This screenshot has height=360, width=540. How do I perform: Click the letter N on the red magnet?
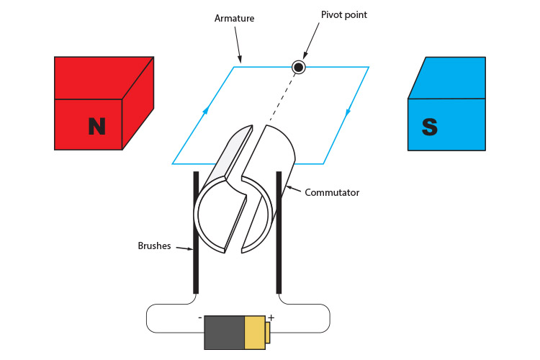pos(96,126)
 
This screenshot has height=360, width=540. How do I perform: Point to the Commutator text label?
pos(332,192)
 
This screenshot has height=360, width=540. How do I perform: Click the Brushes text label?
pos(154,246)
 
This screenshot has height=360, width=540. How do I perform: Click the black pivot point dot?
pos(298,67)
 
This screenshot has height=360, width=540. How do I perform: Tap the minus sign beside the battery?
pos(199,317)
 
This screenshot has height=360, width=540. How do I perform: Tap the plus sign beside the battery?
pos(271,318)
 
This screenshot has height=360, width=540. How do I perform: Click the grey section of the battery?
pos(224,333)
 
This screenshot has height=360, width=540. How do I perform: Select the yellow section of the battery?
pos(255,333)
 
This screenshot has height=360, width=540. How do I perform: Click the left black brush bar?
pos(196,230)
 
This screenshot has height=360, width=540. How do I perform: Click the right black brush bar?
pos(279,230)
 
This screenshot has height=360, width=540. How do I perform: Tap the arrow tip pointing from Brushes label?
pos(192,251)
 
